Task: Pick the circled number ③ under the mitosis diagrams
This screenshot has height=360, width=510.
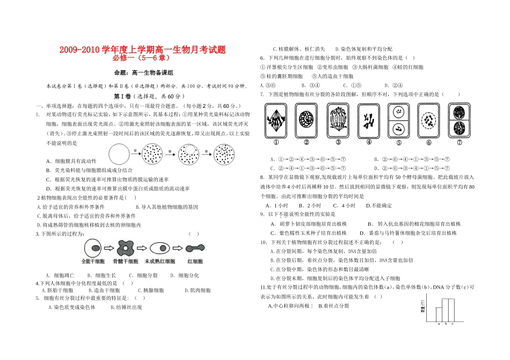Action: (x=338, y=143)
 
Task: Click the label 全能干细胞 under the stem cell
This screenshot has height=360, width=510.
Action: (x=93, y=261)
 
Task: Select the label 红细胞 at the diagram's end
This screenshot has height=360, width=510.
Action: (x=194, y=261)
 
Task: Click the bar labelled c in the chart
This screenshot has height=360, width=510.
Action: (x=451, y=310)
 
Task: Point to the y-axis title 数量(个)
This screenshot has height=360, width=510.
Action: (x=422, y=307)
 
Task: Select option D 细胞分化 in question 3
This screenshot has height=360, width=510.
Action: (x=185, y=275)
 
